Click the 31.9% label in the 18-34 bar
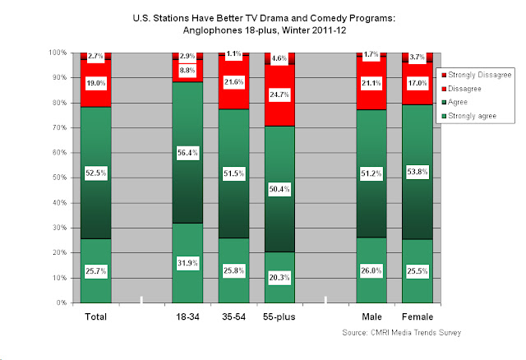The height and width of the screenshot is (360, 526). pos(188,263)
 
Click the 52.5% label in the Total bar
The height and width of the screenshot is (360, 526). pos(95,173)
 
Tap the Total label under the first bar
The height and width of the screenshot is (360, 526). pos(95,316)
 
